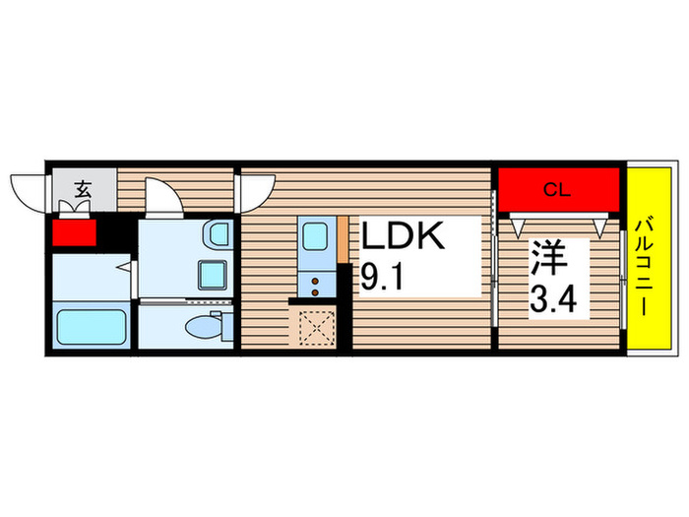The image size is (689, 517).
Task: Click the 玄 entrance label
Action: coord(83,191)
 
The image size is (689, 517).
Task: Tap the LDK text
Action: coord(405,238)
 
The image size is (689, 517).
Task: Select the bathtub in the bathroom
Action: coord(92,325)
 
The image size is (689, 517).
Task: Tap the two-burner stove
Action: coord(315,284)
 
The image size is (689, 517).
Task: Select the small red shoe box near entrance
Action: coord(75,232)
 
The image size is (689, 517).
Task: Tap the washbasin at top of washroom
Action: coord(218,237)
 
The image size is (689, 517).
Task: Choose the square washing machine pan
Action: coord(211,274)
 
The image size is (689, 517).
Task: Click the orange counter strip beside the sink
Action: coord(342,240)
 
